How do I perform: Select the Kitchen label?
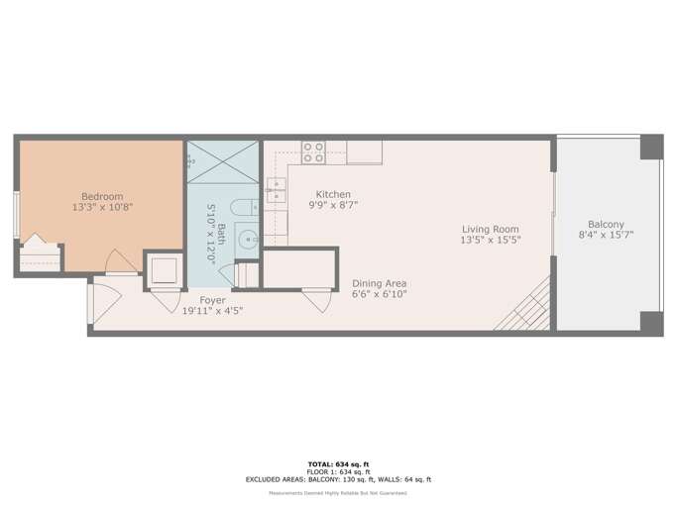(x=332, y=194)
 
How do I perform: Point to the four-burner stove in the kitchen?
(x=313, y=152)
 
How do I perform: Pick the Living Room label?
(x=490, y=229)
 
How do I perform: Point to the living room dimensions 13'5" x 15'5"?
(x=490, y=240)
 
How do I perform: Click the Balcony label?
(x=606, y=224)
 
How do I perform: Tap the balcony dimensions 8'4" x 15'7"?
(x=606, y=236)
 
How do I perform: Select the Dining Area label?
(x=380, y=283)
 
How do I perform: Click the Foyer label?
(x=212, y=300)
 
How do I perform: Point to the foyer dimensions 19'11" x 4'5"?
(x=212, y=311)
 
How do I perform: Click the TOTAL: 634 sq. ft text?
(x=338, y=463)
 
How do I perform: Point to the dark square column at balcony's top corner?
(x=650, y=147)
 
